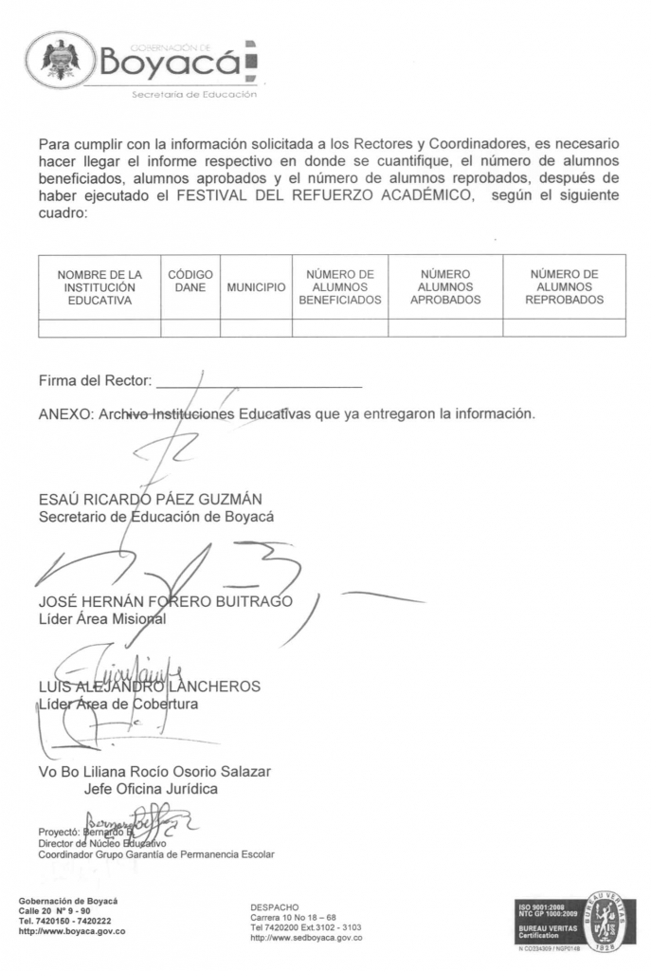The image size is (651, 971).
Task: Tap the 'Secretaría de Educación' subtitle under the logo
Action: point(193,95)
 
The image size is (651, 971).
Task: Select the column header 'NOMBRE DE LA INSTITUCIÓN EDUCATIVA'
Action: point(99,287)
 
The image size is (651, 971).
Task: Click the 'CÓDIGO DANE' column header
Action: point(190,281)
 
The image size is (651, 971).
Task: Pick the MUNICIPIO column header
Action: point(256,287)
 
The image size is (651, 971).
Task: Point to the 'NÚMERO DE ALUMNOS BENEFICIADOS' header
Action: point(339,287)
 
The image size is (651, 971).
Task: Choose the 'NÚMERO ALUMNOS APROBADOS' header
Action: point(444,287)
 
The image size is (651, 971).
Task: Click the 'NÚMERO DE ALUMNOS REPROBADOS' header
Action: point(564,287)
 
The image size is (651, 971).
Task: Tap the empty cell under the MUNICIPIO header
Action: point(256,328)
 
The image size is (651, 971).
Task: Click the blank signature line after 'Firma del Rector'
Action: point(259,383)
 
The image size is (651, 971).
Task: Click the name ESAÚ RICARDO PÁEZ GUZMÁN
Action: point(150,500)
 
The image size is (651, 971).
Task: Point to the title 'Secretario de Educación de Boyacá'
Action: point(155,517)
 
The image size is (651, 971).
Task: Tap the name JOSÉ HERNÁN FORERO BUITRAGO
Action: point(166,602)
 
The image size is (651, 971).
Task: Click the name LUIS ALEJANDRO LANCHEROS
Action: point(149,686)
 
